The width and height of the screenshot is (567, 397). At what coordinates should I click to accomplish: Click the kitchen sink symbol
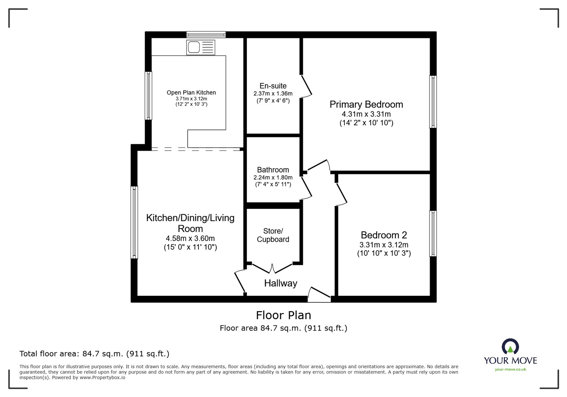click(x=201, y=48)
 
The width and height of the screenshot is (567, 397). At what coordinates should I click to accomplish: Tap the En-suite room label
click(x=273, y=86)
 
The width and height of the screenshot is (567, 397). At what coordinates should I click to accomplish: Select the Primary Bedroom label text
click(x=366, y=104)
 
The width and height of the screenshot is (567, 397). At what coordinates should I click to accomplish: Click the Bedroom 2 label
click(x=384, y=235)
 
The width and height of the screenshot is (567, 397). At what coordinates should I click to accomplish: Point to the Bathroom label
click(x=273, y=170)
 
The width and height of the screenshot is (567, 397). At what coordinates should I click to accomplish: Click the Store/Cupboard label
click(x=273, y=235)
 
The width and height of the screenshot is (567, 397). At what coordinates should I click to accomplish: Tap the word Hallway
click(x=280, y=283)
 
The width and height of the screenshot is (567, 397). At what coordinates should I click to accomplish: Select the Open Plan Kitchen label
click(x=191, y=93)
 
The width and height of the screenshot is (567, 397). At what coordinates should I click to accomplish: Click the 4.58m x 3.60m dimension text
click(x=190, y=238)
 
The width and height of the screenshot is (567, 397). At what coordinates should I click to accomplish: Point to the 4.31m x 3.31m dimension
click(x=366, y=114)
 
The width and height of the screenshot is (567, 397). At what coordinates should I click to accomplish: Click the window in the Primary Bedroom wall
click(x=433, y=101)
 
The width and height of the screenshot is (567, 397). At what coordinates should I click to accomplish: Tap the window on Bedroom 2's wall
click(x=433, y=233)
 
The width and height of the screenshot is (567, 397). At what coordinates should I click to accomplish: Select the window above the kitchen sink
click(x=206, y=34)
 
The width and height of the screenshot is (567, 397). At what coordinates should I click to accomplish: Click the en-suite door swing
click(x=306, y=86)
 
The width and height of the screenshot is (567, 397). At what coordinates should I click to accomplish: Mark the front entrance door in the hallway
click(x=319, y=295)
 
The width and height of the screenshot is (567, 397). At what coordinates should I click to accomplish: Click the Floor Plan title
click(x=283, y=315)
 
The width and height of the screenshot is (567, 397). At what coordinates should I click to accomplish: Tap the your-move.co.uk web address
click(x=510, y=369)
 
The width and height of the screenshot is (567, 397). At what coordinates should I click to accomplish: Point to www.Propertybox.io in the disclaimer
click(x=102, y=377)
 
